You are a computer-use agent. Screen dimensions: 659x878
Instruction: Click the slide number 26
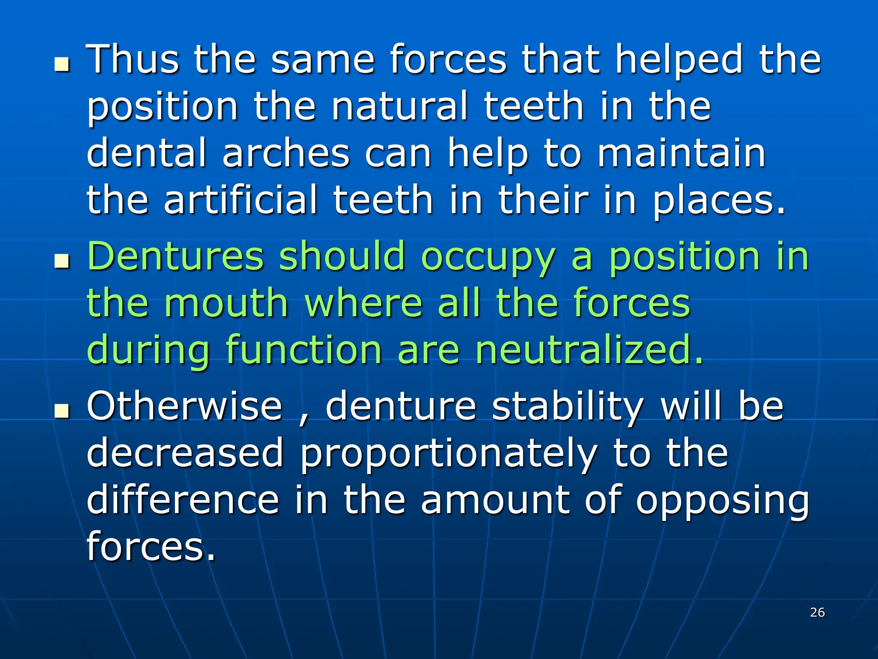coord(817,612)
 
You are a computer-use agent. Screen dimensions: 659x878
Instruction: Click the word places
coord(719,201)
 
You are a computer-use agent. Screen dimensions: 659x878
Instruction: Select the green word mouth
coord(226,303)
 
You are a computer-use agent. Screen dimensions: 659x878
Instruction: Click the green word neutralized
coord(589,350)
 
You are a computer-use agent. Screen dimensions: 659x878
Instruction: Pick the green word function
coord(304,350)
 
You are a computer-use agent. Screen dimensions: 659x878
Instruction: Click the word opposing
coord(722,502)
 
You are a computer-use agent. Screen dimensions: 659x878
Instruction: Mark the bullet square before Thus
coord(62,65)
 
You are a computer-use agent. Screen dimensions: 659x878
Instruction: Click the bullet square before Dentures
coord(62,261)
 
